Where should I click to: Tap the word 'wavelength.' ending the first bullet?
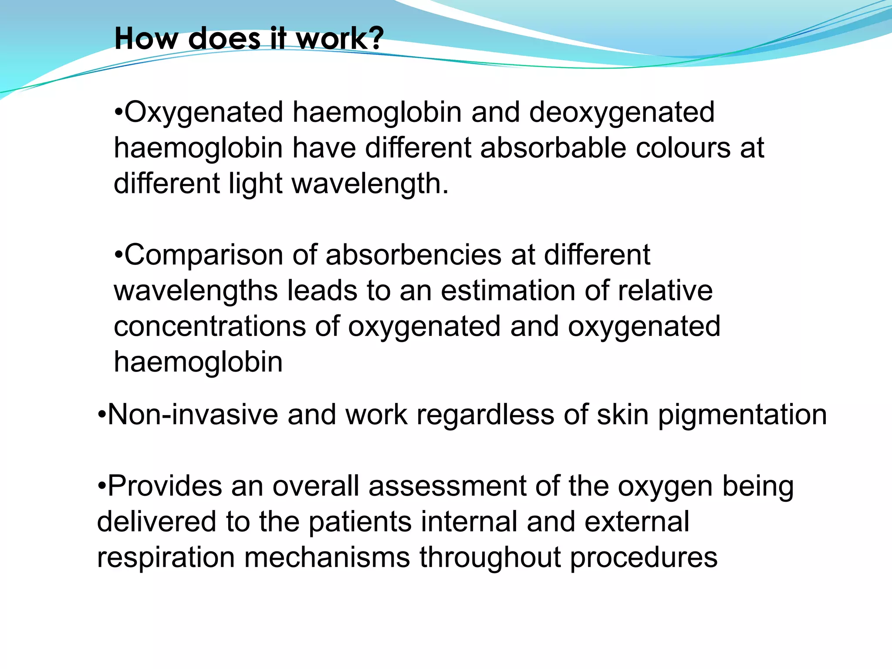tap(370, 184)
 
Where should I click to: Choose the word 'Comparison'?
tap(204, 255)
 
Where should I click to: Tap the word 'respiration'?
tap(166, 557)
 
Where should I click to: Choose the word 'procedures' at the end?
tap(643, 557)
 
